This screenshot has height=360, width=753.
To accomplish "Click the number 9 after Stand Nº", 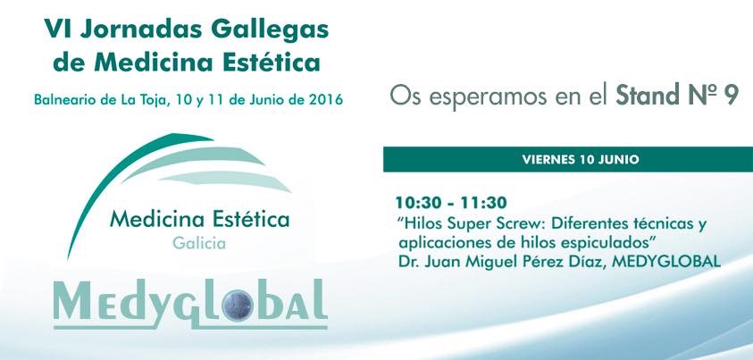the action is (730, 96).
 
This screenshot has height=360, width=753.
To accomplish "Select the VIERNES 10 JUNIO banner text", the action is (581, 159).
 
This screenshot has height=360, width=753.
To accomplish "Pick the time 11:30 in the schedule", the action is (483, 203).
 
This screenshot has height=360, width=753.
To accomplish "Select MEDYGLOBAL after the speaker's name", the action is (667, 262).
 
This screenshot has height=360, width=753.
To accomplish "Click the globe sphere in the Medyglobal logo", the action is (238, 305).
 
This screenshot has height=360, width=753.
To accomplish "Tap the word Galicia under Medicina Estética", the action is (199, 243).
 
